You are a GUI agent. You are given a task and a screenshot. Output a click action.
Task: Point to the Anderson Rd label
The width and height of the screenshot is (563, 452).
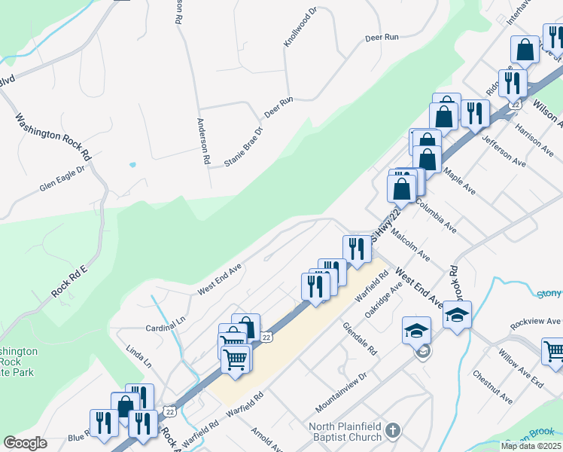click(x=202, y=141)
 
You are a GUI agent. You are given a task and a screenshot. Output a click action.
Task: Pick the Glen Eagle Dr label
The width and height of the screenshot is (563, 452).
click(x=64, y=179)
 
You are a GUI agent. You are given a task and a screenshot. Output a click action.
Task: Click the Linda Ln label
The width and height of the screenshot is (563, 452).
click(x=138, y=356)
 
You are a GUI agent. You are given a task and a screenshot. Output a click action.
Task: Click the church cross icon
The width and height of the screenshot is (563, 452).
click(x=391, y=432)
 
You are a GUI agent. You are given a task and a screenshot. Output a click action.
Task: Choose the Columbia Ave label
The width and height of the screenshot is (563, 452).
click(x=435, y=215)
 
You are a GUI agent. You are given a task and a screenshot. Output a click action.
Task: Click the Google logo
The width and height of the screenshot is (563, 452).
click(x=25, y=443)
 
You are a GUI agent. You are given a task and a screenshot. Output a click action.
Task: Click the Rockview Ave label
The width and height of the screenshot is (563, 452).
click(x=535, y=324)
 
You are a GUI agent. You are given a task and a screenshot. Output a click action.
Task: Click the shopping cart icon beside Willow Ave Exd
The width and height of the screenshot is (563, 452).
click(x=553, y=351)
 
